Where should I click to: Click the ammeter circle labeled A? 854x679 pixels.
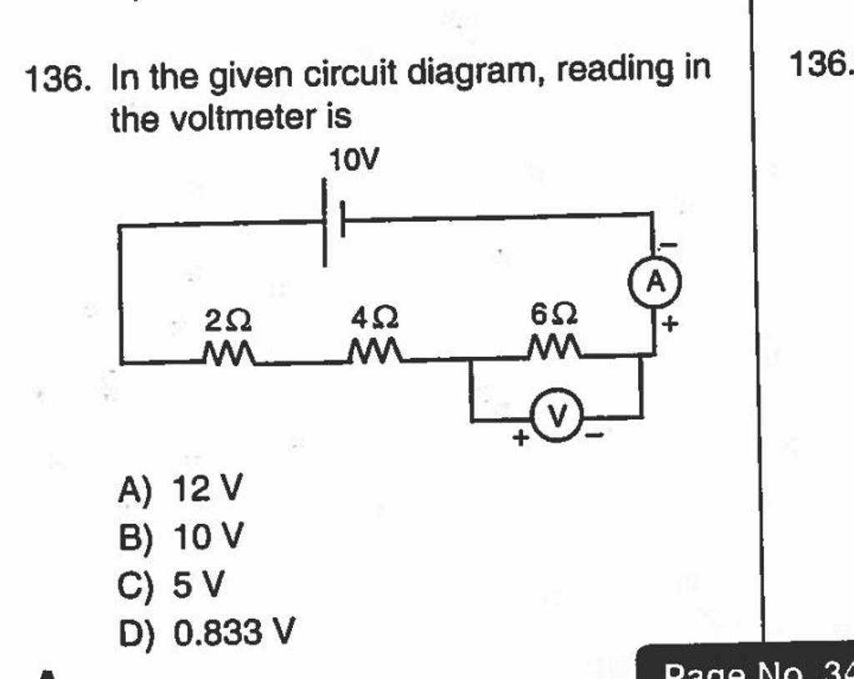(x=656, y=284)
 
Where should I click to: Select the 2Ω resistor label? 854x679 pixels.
(x=227, y=318)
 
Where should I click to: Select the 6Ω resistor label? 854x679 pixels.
(x=553, y=316)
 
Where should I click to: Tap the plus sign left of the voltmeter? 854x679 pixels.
(x=519, y=436)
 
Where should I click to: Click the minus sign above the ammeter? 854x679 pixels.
(x=668, y=244)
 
